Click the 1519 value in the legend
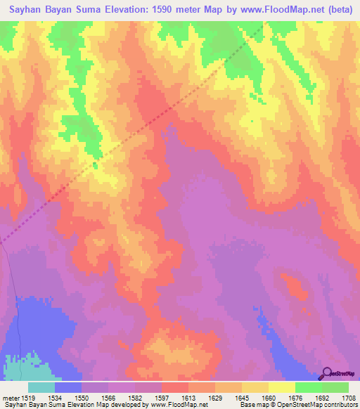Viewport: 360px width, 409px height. pyautogui.click(x=28, y=397)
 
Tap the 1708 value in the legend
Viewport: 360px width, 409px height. pyautogui.click(x=348, y=397)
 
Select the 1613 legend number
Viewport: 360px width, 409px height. pyautogui.click(x=188, y=397)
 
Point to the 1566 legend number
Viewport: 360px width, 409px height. pyautogui.click(x=108, y=397)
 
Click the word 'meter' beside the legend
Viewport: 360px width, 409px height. pyautogui.click(x=10, y=397)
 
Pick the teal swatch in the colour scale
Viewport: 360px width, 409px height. pyautogui.click(x=41, y=387)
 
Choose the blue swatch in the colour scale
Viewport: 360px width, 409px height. pyautogui.click(x=68, y=387)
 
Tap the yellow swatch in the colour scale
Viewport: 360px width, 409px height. pyautogui.click(x=282, y=387)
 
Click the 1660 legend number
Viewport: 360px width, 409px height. pyautogui.click(x=269, y=397)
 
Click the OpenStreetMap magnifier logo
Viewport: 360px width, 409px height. pyautogui.click(x=327, y=372)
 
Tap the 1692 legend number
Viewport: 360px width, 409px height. pyautogui.click(x=321, y=397)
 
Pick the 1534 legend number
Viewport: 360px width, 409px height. pyautogui.click(x=55, y=397)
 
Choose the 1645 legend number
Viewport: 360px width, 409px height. pyautogui.click(x=242, y=397)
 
